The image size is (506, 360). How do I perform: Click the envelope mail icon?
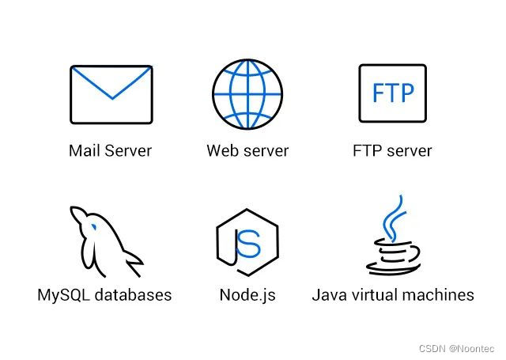tap(111, 93)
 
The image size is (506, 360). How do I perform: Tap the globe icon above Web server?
tap(247, 93)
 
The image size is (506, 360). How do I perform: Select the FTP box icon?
tap(392, 93)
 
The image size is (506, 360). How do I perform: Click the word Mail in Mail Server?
tap(85, 150)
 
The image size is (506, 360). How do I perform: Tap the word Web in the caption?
tap(224, 150)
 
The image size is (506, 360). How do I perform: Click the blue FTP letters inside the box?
tap(393, 93)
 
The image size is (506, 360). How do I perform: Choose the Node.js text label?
tap(247, 295)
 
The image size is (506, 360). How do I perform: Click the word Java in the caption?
tap(330, 295)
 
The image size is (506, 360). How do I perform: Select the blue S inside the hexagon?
tap(249, 244)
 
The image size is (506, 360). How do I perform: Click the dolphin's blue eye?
tap(94, 225)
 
